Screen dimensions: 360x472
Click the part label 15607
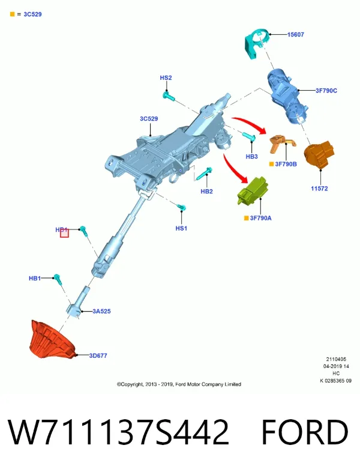[x=295, y=35]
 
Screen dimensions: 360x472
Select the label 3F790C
[x=326, y=90]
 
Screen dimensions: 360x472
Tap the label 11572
[x=319, y=189]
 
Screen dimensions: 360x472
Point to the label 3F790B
[x=286, y=164]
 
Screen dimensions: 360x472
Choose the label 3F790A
[x=260, y=218]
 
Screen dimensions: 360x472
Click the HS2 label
[x=166, y=77]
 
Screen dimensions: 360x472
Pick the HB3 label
[x=252, y=157]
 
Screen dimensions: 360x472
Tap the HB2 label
[x=206, y=192]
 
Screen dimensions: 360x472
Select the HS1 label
[x=181, y=228]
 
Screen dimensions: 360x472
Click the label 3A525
[x=101, y=311]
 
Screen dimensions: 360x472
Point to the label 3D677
[x=98, y=356]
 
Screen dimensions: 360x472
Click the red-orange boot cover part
[x=52, y=340]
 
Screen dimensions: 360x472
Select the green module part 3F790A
[x=253, y=191]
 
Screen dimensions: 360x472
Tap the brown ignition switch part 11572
[x=319, y=154]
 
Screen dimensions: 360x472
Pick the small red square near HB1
[x=64, y=233]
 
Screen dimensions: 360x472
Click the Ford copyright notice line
[x=179, y=384]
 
